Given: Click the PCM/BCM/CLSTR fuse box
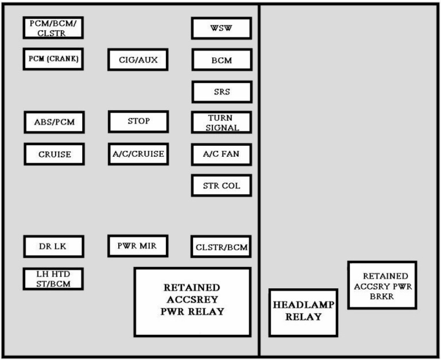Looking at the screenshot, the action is [x=53, y=28].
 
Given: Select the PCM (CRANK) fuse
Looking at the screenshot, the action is [x=53, y=59].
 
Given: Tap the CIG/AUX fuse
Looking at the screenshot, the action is [x=138, y=60].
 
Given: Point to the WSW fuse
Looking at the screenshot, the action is [x=221, y=28].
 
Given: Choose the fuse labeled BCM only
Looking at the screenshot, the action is [x=222, y=60].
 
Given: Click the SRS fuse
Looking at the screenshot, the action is [x=222, y=92].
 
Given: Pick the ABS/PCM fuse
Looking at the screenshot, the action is [x=55, y=122].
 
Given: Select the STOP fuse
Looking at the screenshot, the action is [x=138, y=122].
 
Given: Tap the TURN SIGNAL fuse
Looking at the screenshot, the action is [x=221, y=122].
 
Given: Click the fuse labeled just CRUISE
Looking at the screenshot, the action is [x=55, y=154].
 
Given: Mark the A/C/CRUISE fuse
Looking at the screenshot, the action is [x=138, y=154].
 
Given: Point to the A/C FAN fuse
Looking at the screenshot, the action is [x=221, y=154].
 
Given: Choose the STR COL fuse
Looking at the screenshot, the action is [x=221, y=185].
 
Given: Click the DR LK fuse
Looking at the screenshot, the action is [x=54, y=246].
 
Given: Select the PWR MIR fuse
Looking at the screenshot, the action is [x=138, y=246].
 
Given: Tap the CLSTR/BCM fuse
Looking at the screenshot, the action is [x=221, y=247].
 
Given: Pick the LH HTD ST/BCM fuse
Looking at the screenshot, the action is [x=53, y=278].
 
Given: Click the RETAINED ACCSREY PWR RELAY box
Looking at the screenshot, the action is [x=193, y=302].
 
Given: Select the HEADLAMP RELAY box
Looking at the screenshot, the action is [x=303, y=312].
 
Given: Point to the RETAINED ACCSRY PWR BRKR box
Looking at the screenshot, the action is [x=382, y=285].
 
